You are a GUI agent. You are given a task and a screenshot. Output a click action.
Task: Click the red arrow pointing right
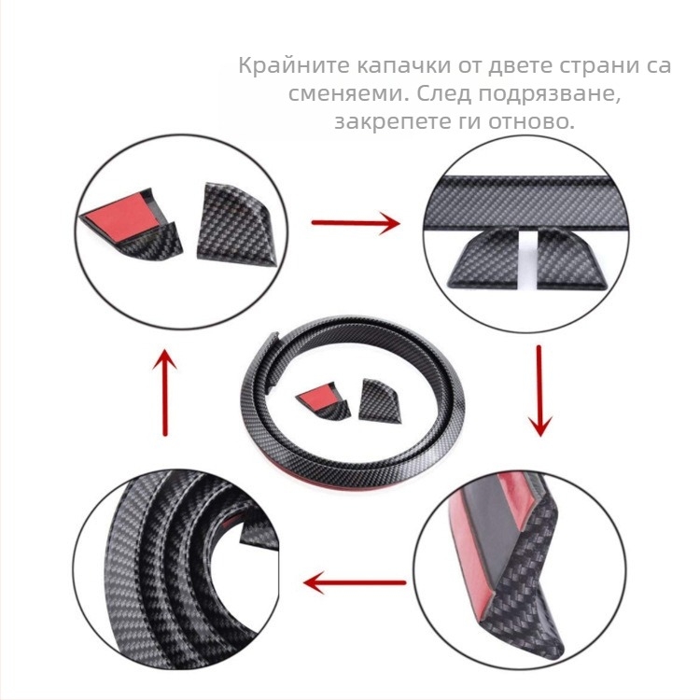[x=356, y=222]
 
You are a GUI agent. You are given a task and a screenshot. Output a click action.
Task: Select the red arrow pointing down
[x=539, y=391]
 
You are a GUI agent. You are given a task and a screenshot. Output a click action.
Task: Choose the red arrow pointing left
[x=355, y=582]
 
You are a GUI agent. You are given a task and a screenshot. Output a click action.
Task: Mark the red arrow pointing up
[x=164, y=392]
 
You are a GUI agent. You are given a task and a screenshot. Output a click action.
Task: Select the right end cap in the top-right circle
[x=571, y=258]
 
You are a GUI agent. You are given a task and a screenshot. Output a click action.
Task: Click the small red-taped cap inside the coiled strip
[x=324, y=400]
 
